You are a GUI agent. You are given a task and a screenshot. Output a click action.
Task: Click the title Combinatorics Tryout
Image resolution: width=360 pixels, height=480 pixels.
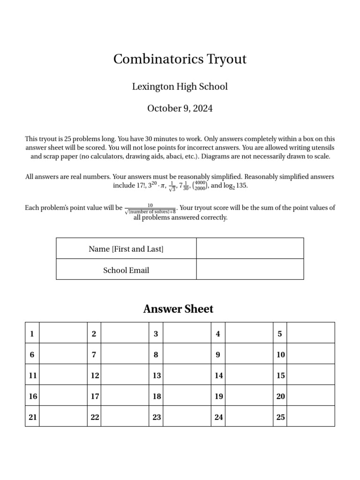pos(180,60)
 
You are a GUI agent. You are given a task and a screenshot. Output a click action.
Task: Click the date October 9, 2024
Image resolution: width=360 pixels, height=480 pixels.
pos(180,108)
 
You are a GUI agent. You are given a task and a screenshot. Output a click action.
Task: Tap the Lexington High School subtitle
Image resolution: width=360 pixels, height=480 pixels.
pos(180,86)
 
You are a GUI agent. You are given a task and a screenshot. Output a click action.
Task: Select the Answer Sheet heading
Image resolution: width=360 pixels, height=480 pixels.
pos(178,309)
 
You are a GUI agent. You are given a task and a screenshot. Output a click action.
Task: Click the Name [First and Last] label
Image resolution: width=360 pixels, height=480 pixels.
pos(126,249)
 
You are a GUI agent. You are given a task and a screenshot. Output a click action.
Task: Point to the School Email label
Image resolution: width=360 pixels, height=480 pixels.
pos(126,270)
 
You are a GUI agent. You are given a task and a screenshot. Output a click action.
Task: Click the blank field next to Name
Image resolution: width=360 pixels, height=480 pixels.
pos(250,248)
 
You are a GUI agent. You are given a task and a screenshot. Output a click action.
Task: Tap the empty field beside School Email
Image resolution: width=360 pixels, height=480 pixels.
pos(250,270)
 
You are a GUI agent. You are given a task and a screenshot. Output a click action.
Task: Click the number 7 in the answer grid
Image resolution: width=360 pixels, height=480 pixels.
pos(94,355)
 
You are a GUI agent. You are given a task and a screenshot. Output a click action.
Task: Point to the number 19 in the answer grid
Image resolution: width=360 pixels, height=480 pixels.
pos(218,396)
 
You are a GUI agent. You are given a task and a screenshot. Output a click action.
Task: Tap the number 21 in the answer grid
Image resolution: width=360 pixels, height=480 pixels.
pos(32,417)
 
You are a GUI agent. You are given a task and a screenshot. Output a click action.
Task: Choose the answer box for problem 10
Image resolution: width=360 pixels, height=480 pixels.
pos(310,354)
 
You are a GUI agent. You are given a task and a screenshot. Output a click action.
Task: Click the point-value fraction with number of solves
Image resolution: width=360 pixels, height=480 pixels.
pos(150,209)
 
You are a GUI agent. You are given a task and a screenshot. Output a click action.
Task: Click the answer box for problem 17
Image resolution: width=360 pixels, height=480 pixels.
pos(125,396)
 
